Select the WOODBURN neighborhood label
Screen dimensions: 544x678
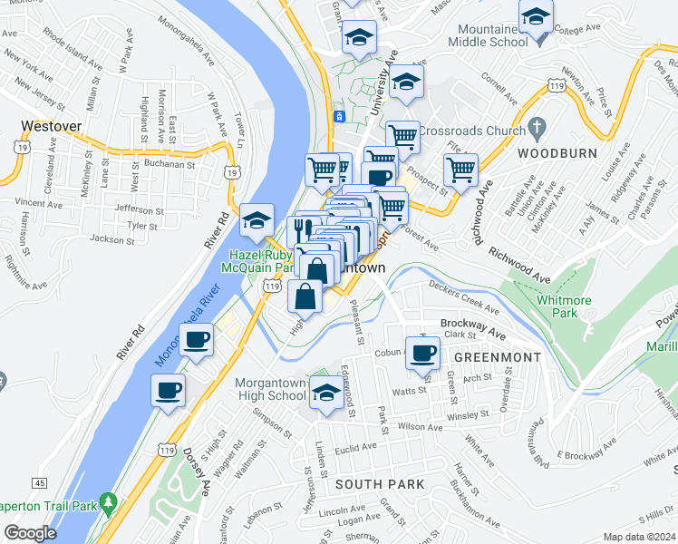[x=557, y=154]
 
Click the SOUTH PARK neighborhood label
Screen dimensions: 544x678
[x=380, y=484]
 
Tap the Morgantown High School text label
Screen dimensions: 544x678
[x=271, y=389]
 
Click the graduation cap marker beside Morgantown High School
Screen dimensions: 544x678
[x=327, y=393]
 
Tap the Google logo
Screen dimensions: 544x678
[x=30, y=533]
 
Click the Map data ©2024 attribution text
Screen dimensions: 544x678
[x=638, y=537]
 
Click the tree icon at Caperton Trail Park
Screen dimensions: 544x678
[x=109, y=500]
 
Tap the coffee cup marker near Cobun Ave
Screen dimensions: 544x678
[x=422, y=352]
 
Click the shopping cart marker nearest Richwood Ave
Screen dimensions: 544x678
[x=461, y=169]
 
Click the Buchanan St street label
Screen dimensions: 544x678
[x=169, y=165]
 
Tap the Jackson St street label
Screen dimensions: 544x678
[x=112, y=239]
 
